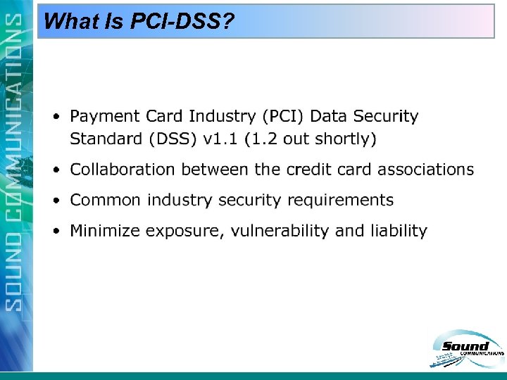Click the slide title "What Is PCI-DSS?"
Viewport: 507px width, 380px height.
pos(138,21)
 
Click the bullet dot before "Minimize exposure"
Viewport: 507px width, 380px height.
pos(56,231)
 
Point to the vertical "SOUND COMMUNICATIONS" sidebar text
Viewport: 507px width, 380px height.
pos(15,162)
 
